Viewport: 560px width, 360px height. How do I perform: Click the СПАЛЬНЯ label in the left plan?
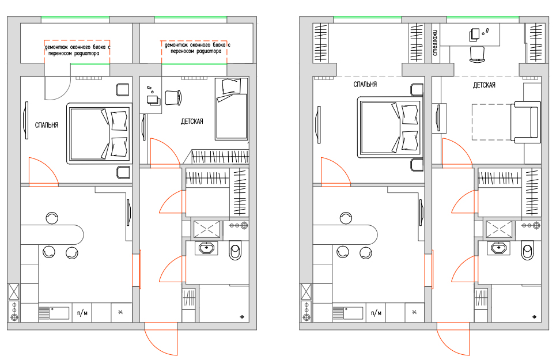tap(47, 126)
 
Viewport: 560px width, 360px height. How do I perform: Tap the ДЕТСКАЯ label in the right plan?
tap(484, 85)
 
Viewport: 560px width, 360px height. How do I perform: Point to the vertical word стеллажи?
tap(436, 42)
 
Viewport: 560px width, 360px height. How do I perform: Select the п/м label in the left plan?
tap(82, 313)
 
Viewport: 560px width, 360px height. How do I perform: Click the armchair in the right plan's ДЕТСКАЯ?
tap(525, 122)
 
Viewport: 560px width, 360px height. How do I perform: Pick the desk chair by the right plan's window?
tap(477, 55)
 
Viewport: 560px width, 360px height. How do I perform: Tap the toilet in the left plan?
tap(234, 250)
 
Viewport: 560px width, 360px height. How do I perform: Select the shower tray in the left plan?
tap(207, 230)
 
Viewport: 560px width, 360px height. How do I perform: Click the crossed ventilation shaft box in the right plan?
tap(306, 292)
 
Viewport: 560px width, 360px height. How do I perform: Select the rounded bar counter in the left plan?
tap(52, 234)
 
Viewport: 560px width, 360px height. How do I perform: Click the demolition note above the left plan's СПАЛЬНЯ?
tap(77, 50)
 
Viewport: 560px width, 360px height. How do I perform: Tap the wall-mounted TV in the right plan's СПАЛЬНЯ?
tap(318, 124)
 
